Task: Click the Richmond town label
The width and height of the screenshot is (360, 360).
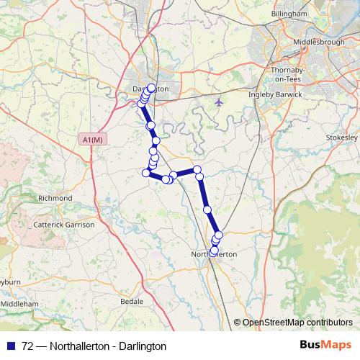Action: (55, 197)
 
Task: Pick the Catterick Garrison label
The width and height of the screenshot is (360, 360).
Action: (64, 225)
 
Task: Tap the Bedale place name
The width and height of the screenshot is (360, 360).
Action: (132, 301)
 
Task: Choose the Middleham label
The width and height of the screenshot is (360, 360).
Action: (19, 305)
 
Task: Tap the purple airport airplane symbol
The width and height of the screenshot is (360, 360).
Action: (219, 102)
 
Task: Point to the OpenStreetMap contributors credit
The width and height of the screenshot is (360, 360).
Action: (297, 323)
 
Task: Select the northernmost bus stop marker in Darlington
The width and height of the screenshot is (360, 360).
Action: (151, 89)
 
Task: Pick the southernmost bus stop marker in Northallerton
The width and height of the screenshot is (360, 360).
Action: (213, 251)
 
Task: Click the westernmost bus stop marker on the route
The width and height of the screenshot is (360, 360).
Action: (141, 104)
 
